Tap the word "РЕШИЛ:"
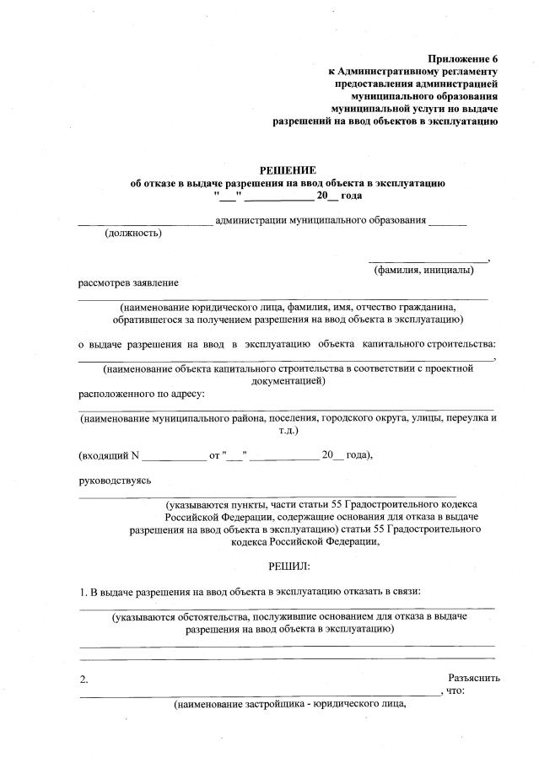coord(288,564)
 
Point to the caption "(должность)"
coord(132,234)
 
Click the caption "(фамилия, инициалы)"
coord(423,270)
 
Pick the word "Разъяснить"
coord(474,677)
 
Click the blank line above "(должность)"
coord(145,223)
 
